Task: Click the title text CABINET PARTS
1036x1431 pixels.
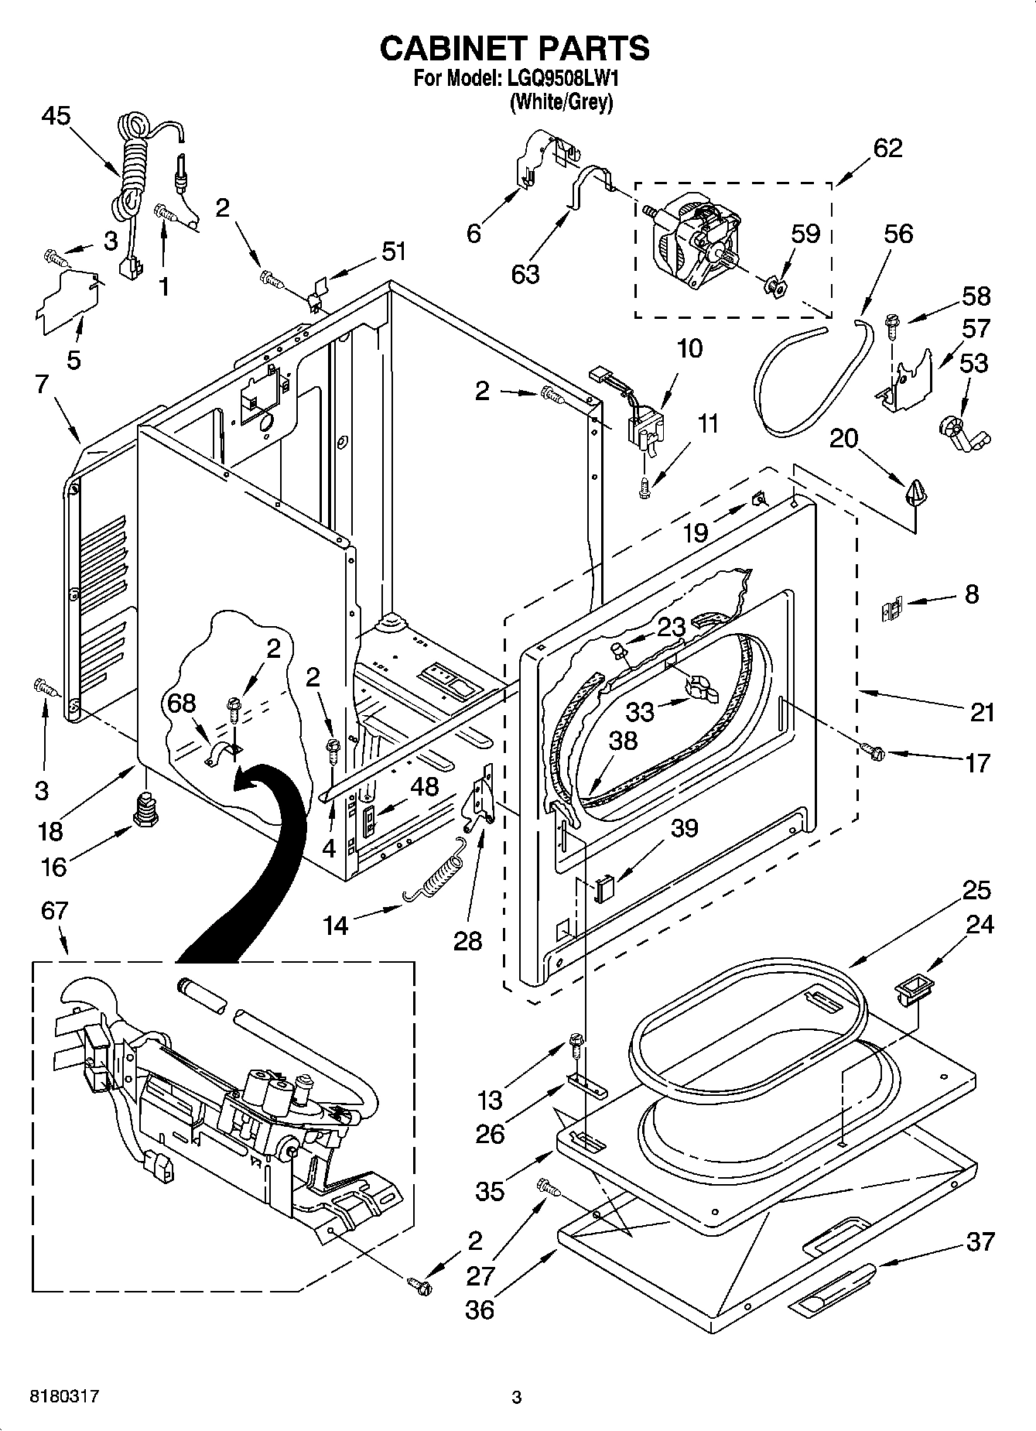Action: click(515, 48)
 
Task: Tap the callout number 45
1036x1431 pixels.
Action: click(56, 116)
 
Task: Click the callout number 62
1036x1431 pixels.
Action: click(887, 148)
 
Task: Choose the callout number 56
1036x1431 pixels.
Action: click(898, 234)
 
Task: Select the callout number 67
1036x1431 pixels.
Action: click(54, 910)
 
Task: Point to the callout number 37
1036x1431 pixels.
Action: click(980, 1241)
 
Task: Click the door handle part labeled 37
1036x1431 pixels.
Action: click(833, 1289)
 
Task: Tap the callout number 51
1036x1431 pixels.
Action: click(393, 252)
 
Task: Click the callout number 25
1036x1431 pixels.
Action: click(976, 890)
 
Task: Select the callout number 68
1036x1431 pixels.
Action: click(182, 703)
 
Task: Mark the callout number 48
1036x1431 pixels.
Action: click(424, 787)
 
